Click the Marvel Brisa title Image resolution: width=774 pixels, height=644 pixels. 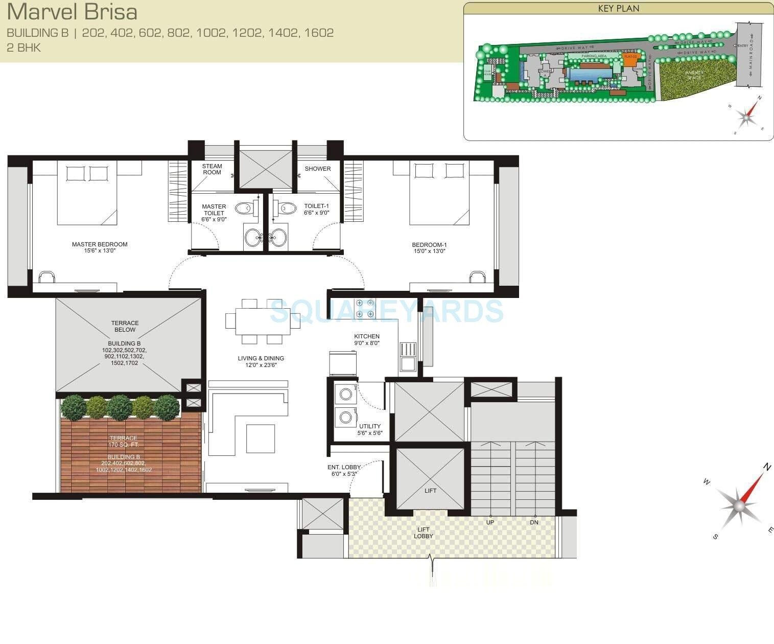[x=72, y=11]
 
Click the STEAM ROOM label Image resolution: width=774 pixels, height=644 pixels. [x=212, y=169]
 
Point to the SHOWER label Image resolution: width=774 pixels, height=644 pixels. [x=318, y=169]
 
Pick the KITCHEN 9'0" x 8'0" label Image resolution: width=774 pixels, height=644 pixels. [x=367, y=339]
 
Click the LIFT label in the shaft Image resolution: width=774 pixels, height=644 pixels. [x=431, y=491]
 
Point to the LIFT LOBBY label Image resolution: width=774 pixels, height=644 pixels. [x=423, y=533]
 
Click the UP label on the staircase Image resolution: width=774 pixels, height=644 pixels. [x=490, y=522]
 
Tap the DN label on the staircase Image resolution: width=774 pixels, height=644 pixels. [x=534, y=522]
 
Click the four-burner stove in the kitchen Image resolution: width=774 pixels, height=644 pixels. [x=365, y=308]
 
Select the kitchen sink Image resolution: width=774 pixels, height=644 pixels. [x=408, y=356]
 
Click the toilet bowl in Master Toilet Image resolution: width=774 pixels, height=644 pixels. [x=244, y=208]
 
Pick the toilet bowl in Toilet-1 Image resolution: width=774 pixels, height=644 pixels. [x=288, y=208]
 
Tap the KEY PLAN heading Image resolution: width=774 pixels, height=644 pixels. [x=618, y=9]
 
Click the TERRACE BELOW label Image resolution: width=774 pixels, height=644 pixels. [x=125, y=326]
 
